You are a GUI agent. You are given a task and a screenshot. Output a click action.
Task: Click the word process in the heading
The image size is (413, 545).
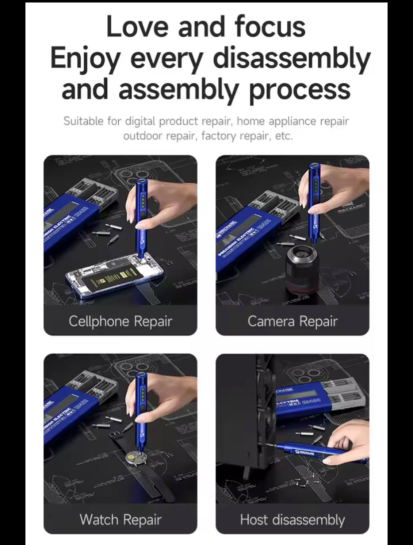300,90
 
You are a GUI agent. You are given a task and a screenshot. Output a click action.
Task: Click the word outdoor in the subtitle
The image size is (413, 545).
142,136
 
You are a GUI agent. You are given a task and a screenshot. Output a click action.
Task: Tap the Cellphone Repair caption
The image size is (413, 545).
120,321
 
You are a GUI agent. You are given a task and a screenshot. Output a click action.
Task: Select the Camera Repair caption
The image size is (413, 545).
292,321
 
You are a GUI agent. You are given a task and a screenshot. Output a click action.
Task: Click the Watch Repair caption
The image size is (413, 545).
120,520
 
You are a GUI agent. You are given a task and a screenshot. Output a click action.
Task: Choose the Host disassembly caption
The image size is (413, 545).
292,520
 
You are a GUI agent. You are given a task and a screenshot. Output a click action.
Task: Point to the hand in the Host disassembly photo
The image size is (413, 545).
346,441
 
